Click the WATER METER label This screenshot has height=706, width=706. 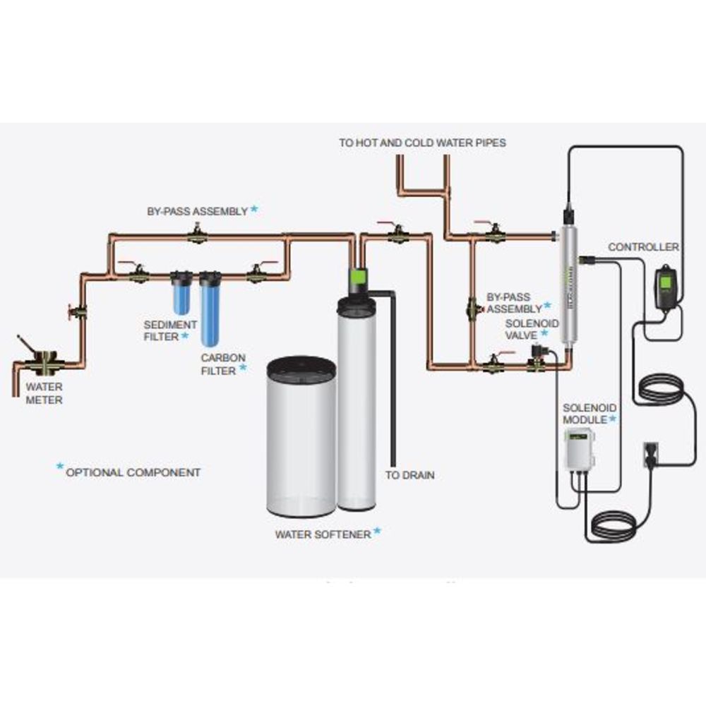[x=44, y=393]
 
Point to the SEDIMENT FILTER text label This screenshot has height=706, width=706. [x=161, y=330]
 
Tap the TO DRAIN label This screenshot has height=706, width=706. [x=409, y=475]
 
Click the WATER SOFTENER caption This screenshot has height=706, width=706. [x=323, y=534]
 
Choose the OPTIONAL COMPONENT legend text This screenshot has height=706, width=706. [x=133, y=472]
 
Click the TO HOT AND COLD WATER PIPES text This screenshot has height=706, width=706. [x=422, y=143]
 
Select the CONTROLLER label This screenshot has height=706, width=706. [x=644, y=247]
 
